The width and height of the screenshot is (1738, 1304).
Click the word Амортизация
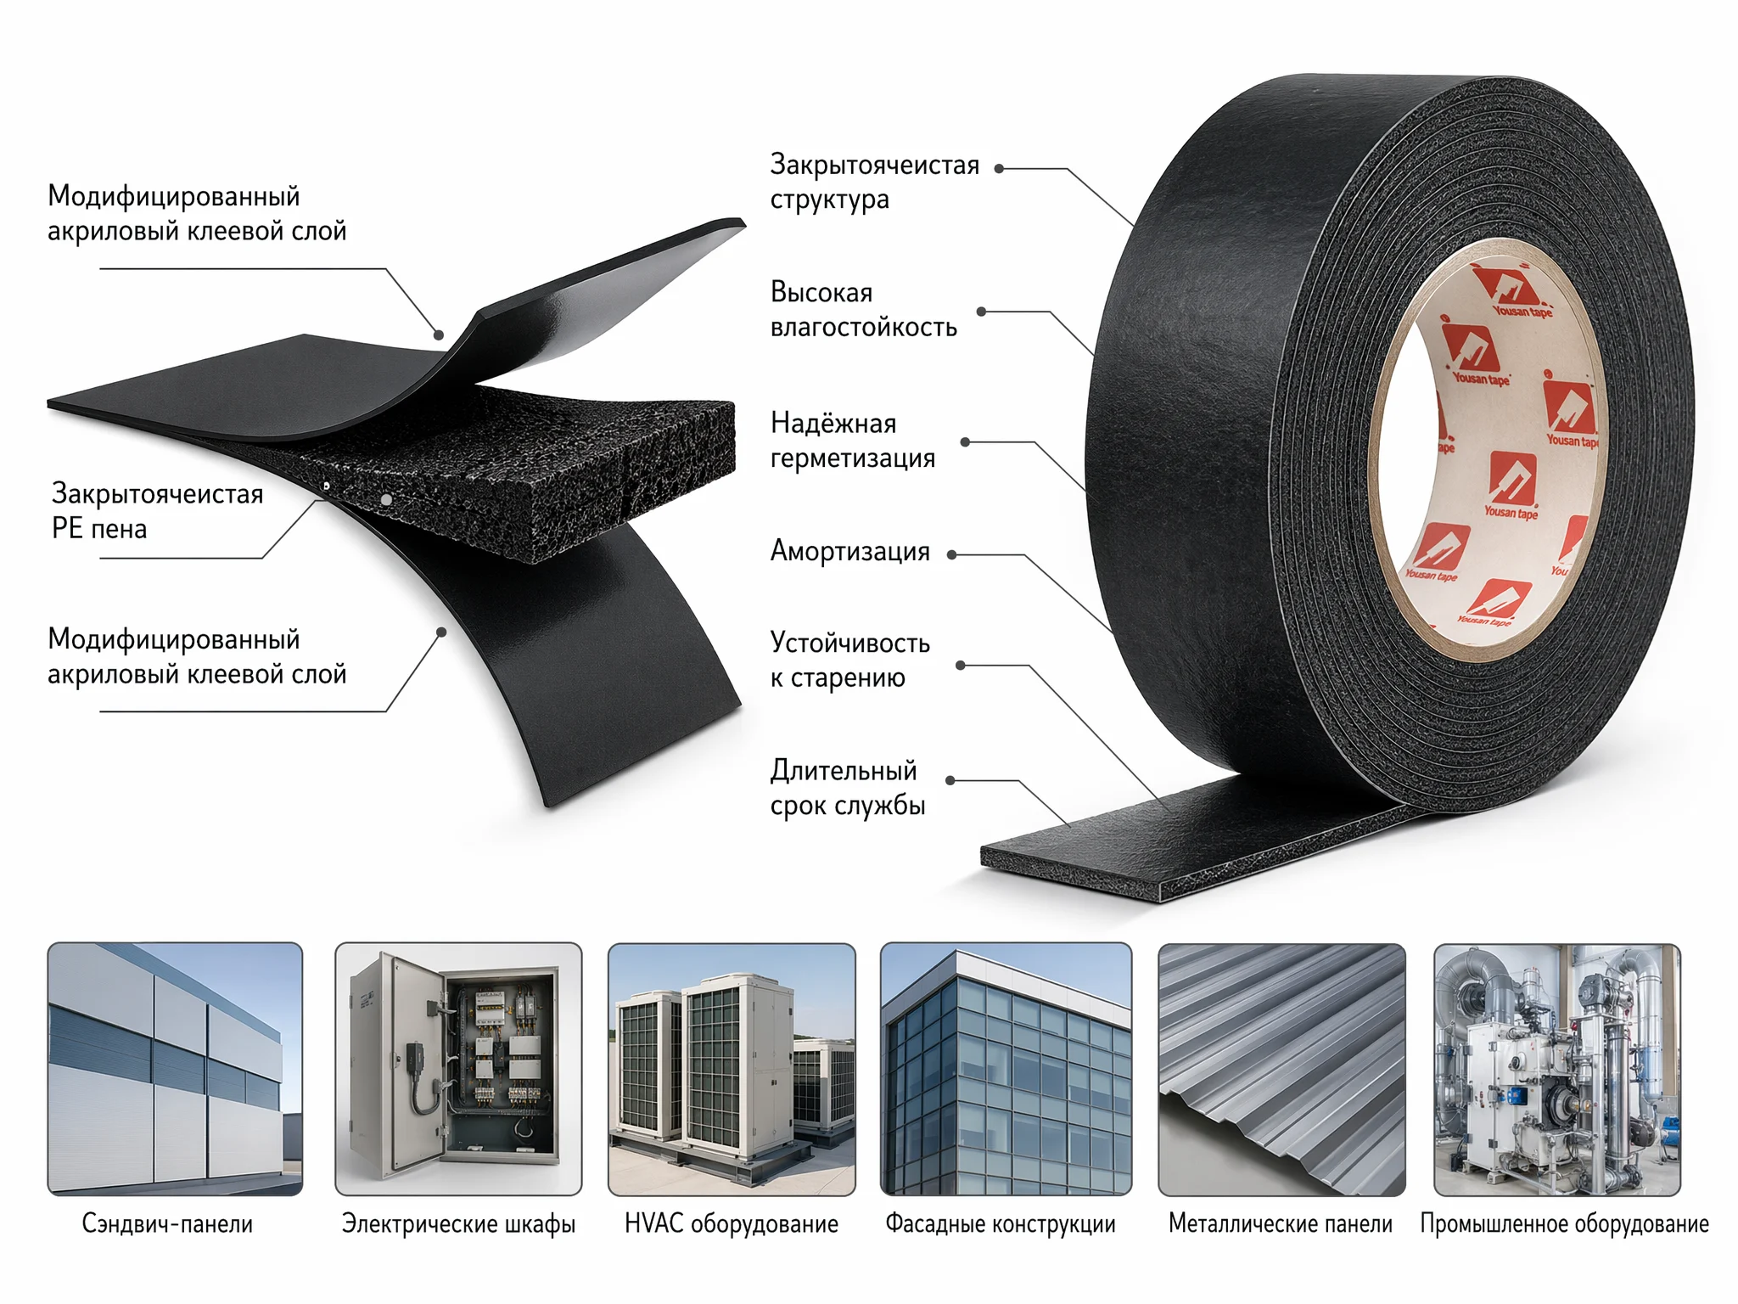click(849, 552)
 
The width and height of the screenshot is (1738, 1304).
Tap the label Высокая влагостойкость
click(863, 310)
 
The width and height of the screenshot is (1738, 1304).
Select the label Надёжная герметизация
click(852, 441)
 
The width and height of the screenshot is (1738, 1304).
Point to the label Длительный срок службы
click(847, 788)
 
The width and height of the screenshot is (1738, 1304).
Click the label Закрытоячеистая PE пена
click(157, 511)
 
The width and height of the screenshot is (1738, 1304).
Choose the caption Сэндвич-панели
click(167, 1223)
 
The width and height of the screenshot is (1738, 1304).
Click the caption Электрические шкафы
click(458, 1223)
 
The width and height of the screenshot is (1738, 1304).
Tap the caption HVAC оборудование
click(731, 1223)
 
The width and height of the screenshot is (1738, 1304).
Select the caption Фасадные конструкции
click(1001, 1223)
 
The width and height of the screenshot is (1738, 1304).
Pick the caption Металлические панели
click(1281, 1223)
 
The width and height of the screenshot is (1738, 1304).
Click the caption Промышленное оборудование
click(1564, 1223)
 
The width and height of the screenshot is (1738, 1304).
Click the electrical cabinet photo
click(458, 1069)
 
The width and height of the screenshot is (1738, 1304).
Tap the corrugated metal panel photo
click(1281, 1069)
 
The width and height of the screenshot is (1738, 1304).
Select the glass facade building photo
click(1006, 1069)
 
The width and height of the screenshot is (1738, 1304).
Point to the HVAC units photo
click(732, 1069)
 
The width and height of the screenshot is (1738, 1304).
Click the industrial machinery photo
click(1557, 1069)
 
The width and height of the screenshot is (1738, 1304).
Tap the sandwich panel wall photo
click(175, 1069)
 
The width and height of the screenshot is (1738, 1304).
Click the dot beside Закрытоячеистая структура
click(1000, 169)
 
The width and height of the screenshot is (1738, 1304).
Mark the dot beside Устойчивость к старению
click(961, 666)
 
